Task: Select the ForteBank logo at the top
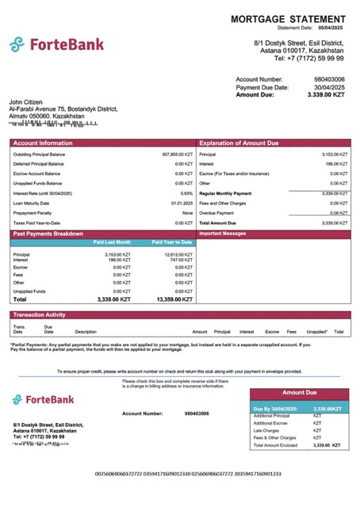point(56,44)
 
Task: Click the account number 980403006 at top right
point(329,79)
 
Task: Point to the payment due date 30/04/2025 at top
point(329,87)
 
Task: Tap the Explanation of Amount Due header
point(239,143)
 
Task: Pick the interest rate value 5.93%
point(186,193)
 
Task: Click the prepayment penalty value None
point(187,213)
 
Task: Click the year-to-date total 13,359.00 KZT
point(174,299)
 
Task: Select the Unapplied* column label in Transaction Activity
point(317,332)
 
